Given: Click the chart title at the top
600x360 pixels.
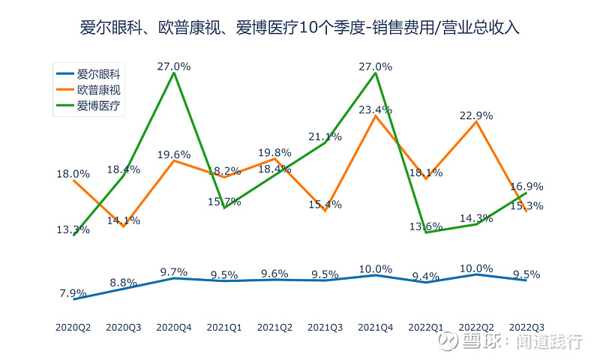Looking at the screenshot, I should point(299,28).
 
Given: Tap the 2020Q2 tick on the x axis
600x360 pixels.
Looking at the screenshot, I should point(73,327).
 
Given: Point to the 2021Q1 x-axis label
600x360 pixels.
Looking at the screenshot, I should point(224,327).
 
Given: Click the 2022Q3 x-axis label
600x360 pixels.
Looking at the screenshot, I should point(526,327).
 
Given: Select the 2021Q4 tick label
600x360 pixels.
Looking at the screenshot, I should point(376,327).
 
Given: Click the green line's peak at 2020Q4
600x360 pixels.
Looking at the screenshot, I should point(174,73).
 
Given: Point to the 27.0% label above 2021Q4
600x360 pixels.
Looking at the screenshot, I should point(376,67).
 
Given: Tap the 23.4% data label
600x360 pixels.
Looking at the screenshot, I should point(376,110).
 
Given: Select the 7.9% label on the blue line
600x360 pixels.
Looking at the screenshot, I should point(73,292).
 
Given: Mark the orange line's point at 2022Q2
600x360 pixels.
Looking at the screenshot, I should point(476,121).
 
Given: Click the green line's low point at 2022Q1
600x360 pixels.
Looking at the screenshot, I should point(426,232).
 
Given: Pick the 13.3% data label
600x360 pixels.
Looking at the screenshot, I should point(73,229).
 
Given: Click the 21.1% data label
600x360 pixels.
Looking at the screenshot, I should point(325,136).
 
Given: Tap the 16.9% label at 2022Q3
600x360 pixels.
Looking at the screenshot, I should point(526,187).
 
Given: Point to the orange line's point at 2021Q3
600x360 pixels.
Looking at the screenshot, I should point(325,211).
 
